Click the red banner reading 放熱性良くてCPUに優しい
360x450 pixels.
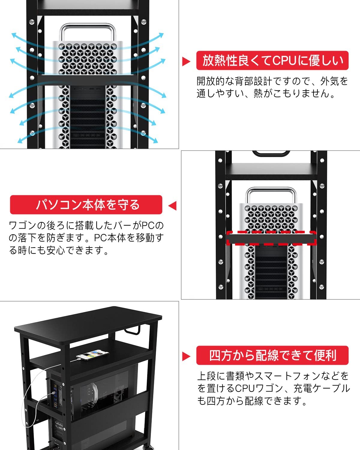coord(272,61)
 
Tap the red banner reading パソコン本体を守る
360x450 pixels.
coord(86,205)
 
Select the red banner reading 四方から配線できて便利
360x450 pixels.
coord(272,355)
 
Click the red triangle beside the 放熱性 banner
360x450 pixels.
coord(186,61)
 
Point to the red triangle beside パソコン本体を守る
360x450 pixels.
coord(172,206)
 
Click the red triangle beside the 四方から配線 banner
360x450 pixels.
coord(186,356)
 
